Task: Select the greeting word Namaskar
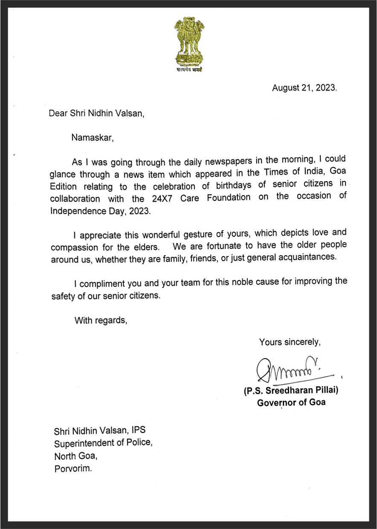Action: pyautogui.click(x=93, y=138)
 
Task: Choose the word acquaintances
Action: pyautogui.click(x=305, y=259)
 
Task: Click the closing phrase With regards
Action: pyautogui.click(x=101, y=320)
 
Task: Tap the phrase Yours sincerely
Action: pyautogui.click(x=290, y=341)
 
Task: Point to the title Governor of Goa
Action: pyautogui.click(x=291, y=402)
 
